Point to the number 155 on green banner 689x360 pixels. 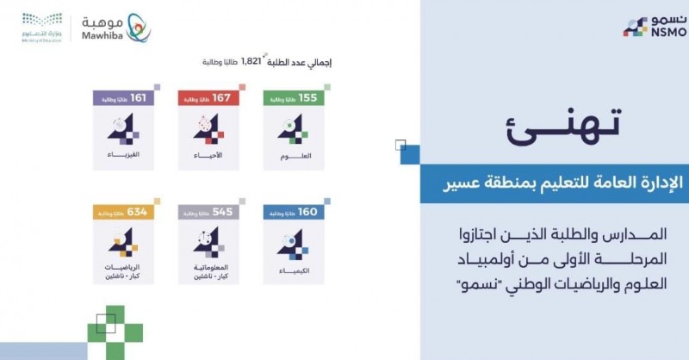[308, 98]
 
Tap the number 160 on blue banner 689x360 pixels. [308, 213]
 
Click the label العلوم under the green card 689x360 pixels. [289, 158]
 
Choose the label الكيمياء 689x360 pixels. [289, 270]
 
